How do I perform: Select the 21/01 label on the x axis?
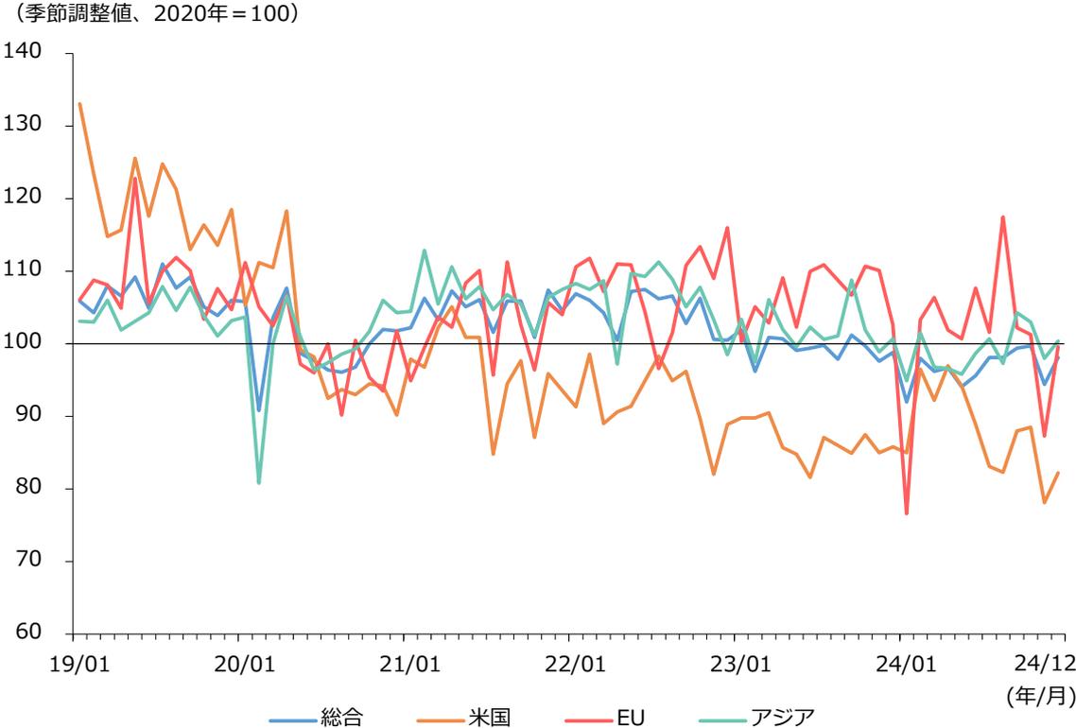(x=408, y=660)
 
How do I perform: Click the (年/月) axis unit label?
(x=1047, y=697)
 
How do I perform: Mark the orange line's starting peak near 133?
(x=79, y=104)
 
